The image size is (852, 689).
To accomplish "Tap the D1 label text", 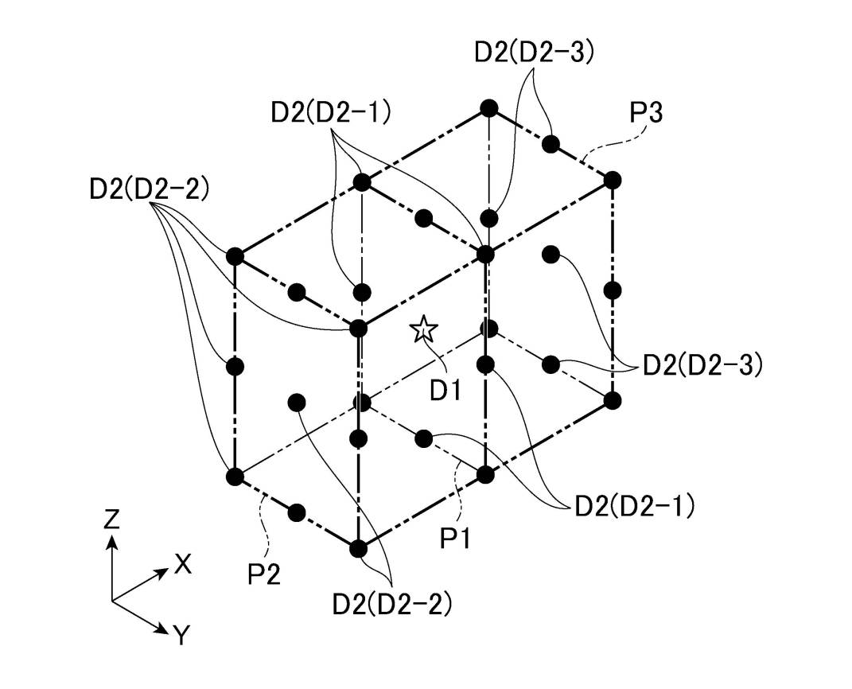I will (445, 391).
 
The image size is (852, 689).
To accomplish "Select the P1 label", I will (456, 539).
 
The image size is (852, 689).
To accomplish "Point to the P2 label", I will (263, 574).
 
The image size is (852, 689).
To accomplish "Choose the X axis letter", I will (183, 565).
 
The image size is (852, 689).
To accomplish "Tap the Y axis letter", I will (182, 635).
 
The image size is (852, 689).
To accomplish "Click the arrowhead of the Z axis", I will (112, 541).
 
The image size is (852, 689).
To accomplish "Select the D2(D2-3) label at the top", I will (534, 52).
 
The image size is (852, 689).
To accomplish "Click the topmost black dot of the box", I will (488, 108).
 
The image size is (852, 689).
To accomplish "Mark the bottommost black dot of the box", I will (358, 547).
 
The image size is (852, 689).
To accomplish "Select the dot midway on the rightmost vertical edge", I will (612, 290).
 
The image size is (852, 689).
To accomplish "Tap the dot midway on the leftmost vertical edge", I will (235, 366).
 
